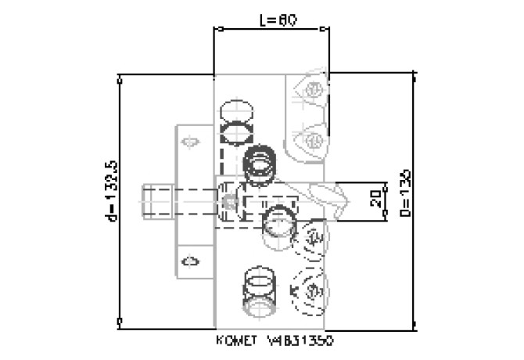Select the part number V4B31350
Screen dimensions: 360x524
point(302,341)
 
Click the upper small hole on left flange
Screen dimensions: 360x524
point(188,142)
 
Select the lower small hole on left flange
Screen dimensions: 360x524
point(188,259)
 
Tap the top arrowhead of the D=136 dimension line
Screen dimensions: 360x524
point(414,77)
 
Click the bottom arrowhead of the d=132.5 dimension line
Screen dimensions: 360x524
point(120,321)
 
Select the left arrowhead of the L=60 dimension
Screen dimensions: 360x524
point(217,30)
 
